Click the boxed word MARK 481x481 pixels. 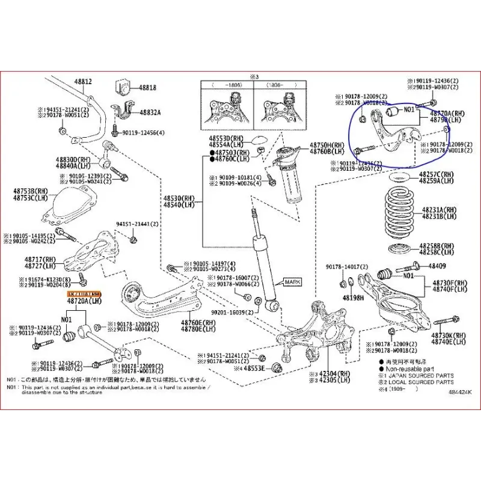pyautogui.click(x=293, y=282)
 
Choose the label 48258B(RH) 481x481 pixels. pyautogui.click(x=438, y=246)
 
